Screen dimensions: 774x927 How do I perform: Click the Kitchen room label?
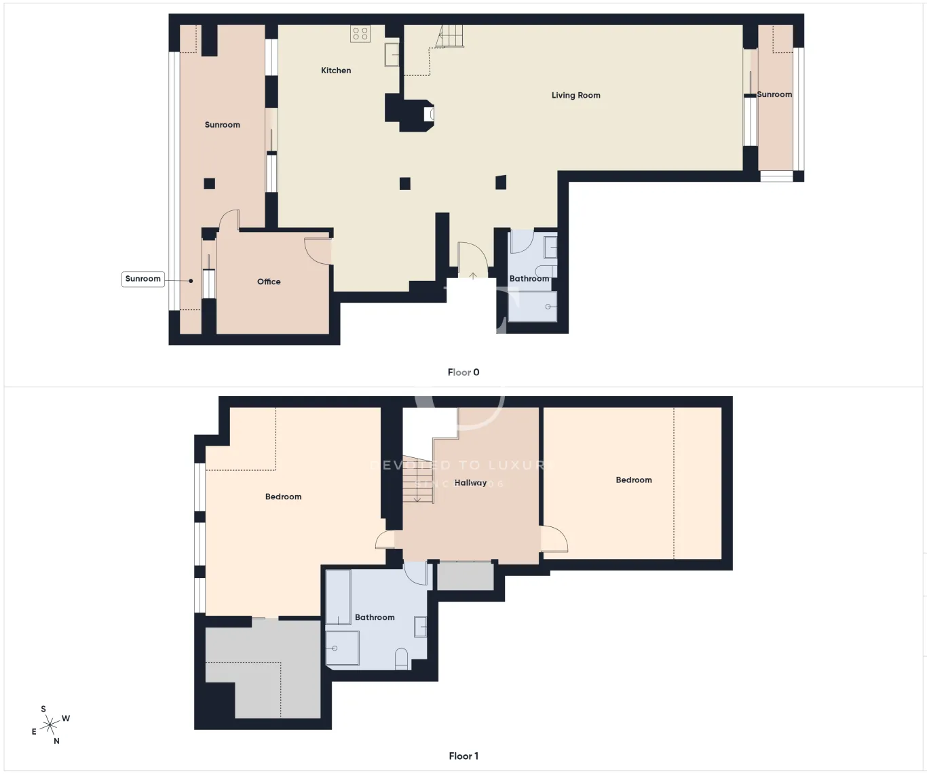pos(336,71)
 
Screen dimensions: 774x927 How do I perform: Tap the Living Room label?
pos(575,96)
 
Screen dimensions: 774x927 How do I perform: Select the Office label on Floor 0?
pos(269,282)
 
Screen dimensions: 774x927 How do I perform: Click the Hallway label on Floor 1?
pos(470,483)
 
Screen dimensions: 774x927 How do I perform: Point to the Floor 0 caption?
pos(463,372)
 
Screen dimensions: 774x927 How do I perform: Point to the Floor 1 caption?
pos(463,756)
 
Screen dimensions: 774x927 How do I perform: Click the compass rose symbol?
pos(50,725)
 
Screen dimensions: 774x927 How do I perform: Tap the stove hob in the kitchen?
pos(360,33)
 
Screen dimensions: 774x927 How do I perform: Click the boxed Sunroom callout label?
pos(143,279)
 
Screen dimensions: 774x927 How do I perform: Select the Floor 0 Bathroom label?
pos(529,279)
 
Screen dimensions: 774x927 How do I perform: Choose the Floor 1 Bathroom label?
pos(375,617)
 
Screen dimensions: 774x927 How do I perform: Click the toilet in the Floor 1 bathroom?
pos(401,659)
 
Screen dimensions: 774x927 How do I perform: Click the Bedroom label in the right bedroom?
pos(634,480)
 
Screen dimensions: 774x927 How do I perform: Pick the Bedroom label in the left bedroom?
pos(283,497)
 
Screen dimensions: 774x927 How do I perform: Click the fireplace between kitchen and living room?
pos(427,114)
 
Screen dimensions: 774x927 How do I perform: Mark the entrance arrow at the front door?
pos(473,275)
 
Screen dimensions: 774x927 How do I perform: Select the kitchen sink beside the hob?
pos(392,54)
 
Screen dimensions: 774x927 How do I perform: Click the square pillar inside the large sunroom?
pos(210,183)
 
